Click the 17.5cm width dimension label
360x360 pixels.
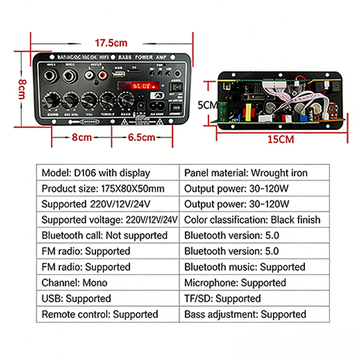tap(111, 43)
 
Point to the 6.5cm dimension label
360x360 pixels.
tap(142, 137)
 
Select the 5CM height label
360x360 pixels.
tap(207, 104)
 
